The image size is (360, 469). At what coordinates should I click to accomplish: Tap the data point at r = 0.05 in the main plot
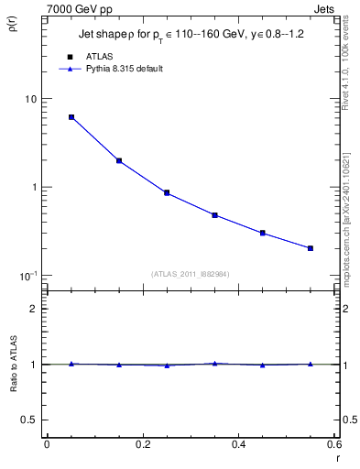(x=71, y=117)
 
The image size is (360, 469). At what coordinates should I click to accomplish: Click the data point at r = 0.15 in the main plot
(x=119, y=160)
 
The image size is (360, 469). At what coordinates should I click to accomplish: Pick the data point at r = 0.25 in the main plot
(x=167, y=192)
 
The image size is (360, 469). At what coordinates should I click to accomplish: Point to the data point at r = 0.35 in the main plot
(x=214, y=215)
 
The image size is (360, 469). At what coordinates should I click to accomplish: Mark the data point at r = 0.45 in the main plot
(x=263, y=233)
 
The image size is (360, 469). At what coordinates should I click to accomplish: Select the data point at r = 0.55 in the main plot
(x=311, y=248)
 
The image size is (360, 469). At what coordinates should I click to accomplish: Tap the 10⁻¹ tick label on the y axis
(x=27, y=276)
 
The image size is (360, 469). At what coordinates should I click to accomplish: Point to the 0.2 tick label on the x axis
(x=142, y=444)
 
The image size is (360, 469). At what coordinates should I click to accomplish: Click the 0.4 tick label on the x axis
(x=238, y=444)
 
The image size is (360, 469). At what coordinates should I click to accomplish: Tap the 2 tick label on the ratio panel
(x=34, y=309)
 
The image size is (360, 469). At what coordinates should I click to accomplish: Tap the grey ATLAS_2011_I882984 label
(x=191, y=273)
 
